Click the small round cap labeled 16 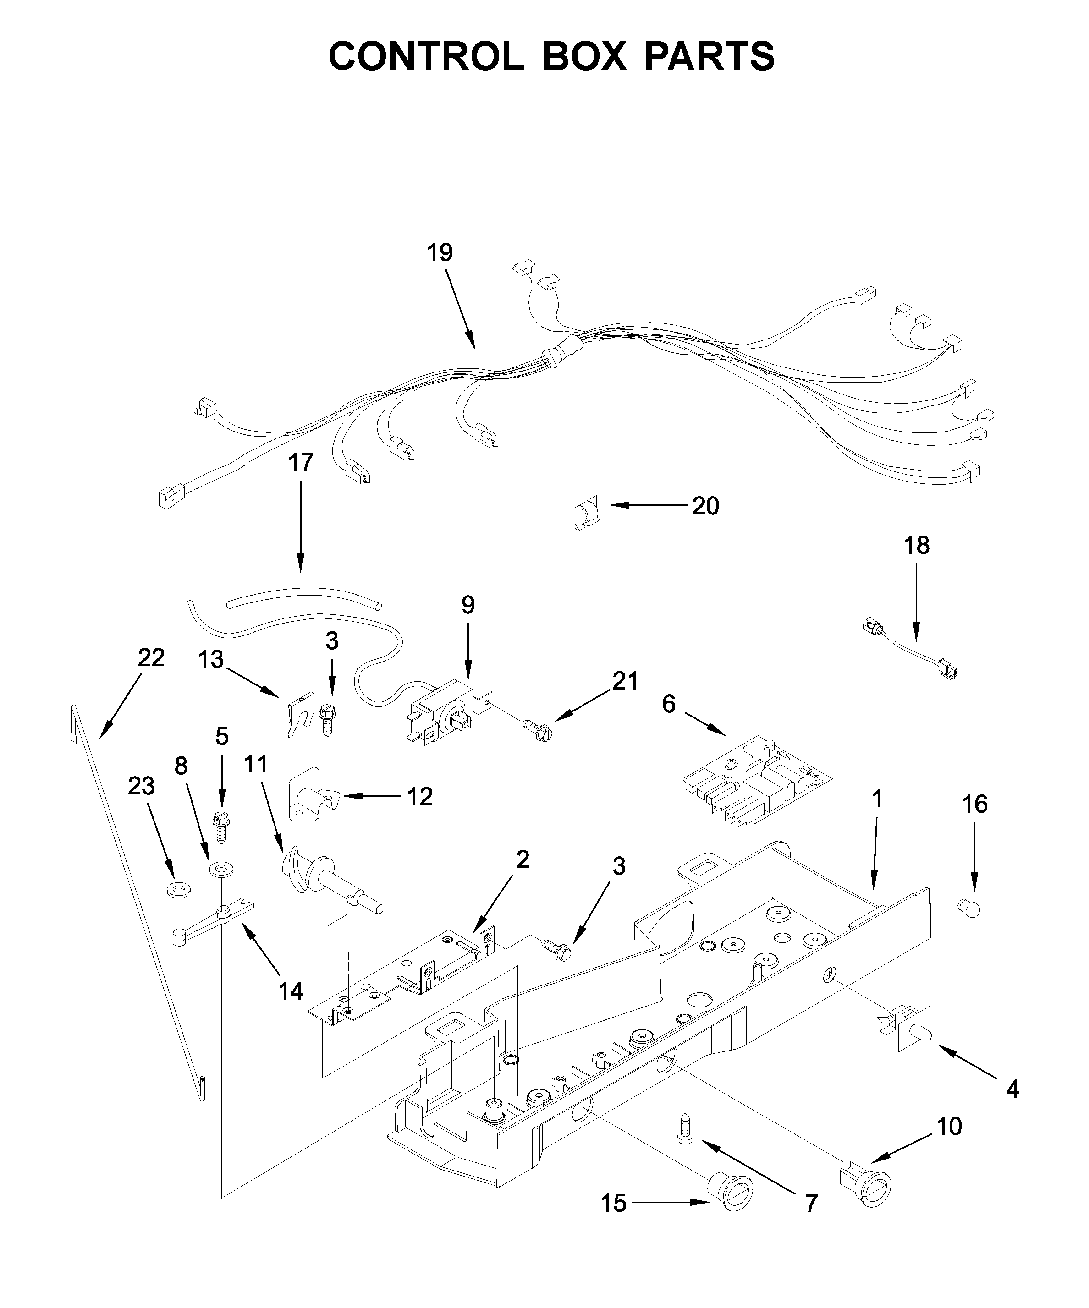click(968, 908)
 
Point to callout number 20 click(705, 506)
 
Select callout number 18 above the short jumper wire click(916, 545)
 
